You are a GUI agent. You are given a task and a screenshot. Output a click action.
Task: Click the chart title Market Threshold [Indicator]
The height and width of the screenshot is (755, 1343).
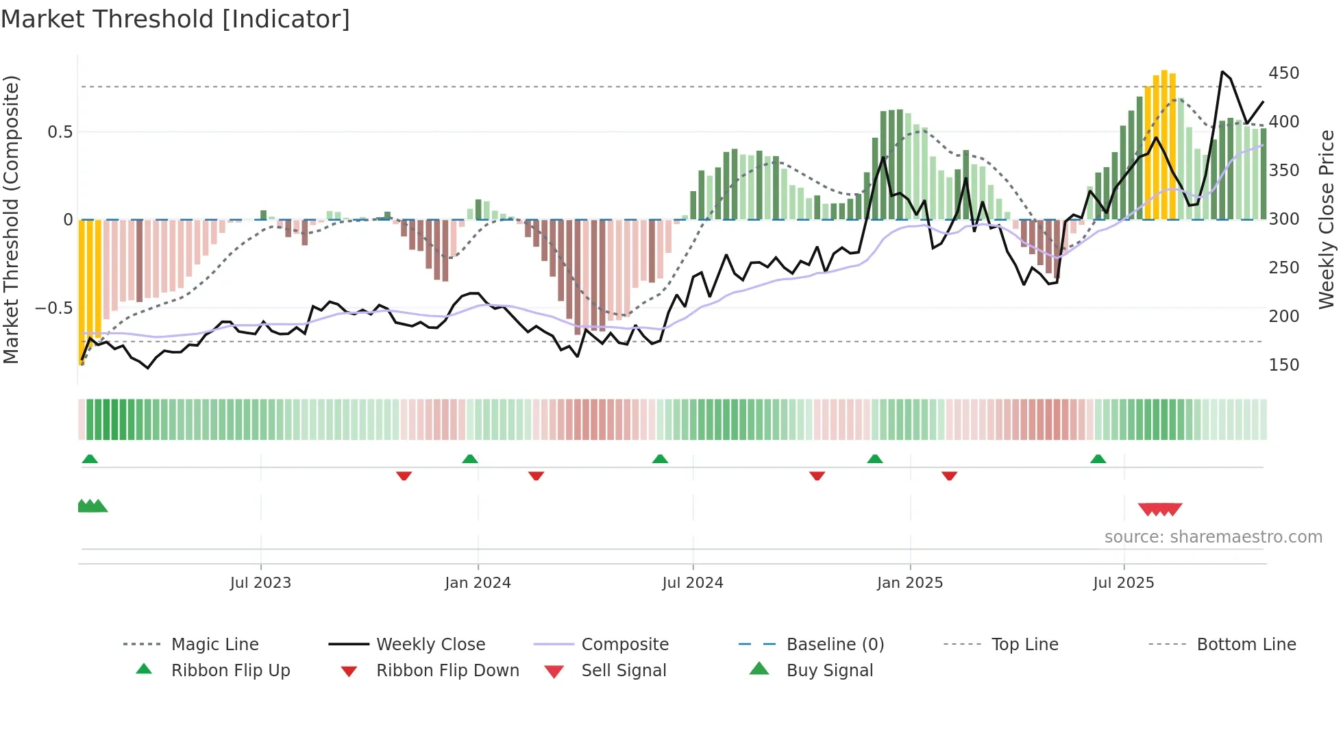click(175, 19)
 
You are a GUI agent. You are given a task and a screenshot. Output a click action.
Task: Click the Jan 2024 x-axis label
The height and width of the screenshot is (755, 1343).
click(478, 583)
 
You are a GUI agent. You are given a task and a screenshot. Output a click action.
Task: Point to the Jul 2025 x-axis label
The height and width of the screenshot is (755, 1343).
click(1124, 583)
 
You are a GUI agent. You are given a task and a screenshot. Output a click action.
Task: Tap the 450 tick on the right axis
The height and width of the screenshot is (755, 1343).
click(1283, 73)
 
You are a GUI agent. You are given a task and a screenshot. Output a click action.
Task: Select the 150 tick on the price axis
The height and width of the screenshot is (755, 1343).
click(1283, 365)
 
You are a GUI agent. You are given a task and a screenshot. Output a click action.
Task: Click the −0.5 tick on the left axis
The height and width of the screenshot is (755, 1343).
click(54, 308)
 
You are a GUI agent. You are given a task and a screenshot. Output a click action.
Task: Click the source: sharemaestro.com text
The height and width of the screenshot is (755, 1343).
click(1213, 537)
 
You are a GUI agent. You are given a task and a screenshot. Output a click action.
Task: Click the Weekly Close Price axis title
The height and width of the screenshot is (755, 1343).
click(1327, 219)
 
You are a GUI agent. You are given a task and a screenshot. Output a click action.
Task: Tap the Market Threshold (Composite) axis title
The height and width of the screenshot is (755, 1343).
click(11, 219)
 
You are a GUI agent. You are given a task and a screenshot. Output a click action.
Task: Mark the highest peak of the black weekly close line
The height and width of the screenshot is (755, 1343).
click(1222, 71)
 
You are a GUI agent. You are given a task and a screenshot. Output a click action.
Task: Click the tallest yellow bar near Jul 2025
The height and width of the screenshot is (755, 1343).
click(1164, 144)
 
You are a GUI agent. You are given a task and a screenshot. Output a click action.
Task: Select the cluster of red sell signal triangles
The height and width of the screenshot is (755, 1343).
click(1160, 509)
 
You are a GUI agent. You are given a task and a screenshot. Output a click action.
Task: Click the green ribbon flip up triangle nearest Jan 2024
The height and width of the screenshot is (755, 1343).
click(469, 459)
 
